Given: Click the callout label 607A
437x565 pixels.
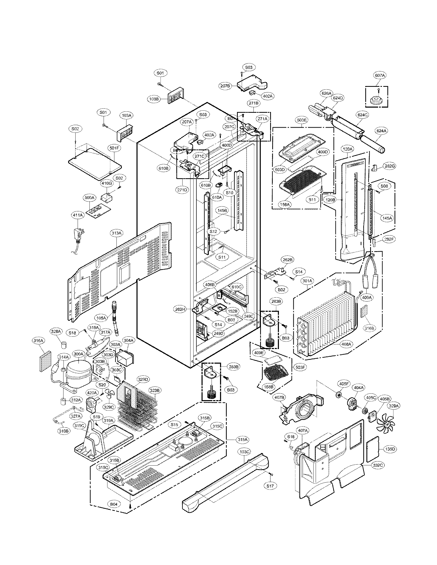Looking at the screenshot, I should coord(380,75).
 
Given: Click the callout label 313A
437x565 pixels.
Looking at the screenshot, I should coord(116,233).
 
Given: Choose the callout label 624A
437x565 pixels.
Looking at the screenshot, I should coord(381,131).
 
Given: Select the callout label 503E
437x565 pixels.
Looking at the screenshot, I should coord(302,120).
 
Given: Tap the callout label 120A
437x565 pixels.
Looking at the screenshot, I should coord(348,149).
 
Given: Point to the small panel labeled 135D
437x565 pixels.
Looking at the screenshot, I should coord(373,450).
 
